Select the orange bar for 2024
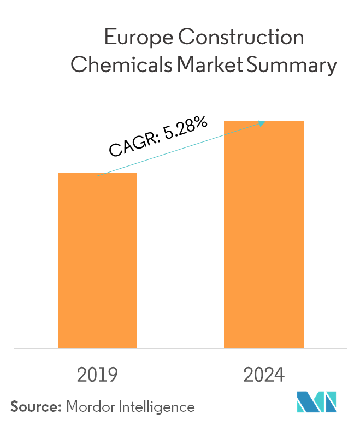coord(264,235)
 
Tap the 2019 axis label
coord(98,375)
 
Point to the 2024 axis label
coord(264,375)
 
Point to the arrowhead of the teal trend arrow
coord(263,123)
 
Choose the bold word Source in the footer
coord(33,407)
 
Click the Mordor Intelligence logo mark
coord(316,402)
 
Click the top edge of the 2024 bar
coord(264,122)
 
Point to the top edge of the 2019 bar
coord(97,174)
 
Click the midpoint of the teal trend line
coord(181,149)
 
